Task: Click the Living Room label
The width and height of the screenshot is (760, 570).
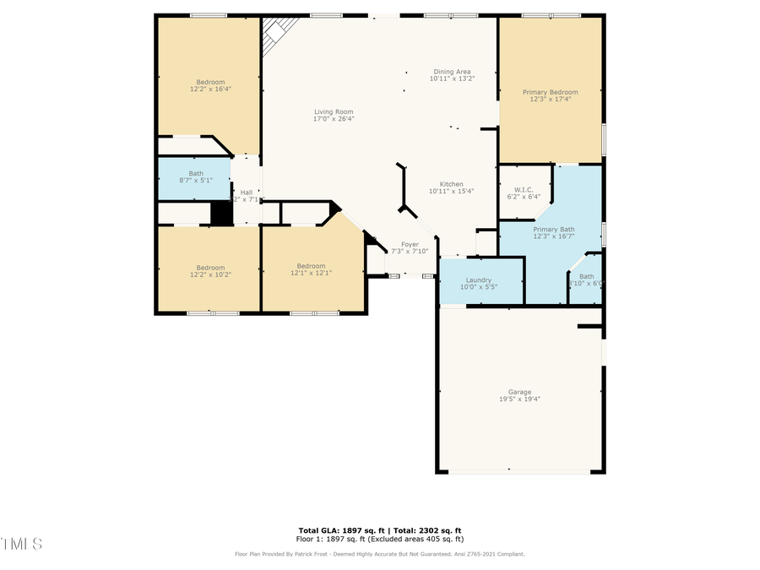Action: pos(334,111)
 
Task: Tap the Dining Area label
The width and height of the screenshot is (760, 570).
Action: pos(452,72)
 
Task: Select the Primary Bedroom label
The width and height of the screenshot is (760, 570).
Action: pos(550,92)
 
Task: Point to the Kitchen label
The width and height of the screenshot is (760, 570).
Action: pos(451,184)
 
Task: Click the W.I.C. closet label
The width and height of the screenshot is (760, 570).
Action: pos(524,190)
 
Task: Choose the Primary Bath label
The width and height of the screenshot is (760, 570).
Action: pos(554,229)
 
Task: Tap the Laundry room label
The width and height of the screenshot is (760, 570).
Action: pos(478,280)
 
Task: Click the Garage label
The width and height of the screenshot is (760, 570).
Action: pos(519,392)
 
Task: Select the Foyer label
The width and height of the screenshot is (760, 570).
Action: pos(410,244)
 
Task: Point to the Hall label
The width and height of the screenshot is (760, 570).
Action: pos(247,193)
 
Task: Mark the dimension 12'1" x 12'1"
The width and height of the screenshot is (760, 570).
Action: pos(311,274)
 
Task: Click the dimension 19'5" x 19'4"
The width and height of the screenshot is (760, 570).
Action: pos(519,399)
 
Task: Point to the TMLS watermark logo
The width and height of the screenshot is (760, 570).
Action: pos(21,543)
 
